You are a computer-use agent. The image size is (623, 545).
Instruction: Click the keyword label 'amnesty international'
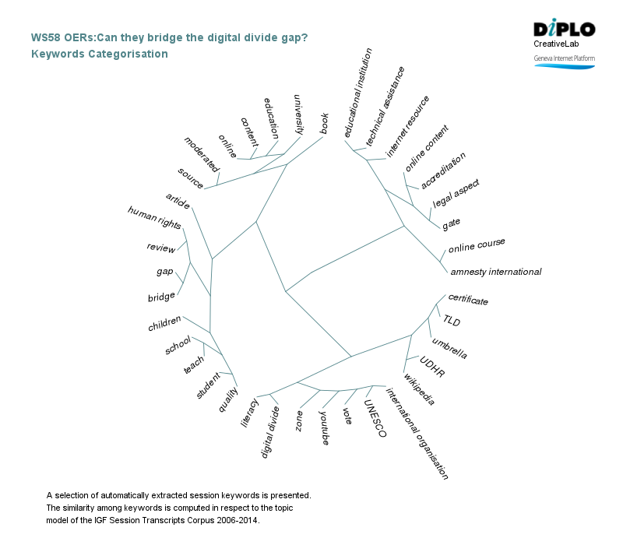pyautogui.click(x=495, y=272)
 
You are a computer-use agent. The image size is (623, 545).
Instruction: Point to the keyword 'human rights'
pyautogui.click(x=154, y=218)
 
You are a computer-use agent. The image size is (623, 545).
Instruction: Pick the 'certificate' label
pyautogui.click(x=468, y=300)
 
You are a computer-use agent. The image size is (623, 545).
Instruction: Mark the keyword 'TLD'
pyautogui.click(x=452, y=320)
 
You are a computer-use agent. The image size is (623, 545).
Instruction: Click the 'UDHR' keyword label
pyautogui.click(x=431, y=367)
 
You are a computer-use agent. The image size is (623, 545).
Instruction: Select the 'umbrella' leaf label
pyautogui.click(x=449, y=348)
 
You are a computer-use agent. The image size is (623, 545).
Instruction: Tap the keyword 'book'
pyautogui.click(x=327, y=124)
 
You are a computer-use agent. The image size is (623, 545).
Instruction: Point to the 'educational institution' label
pyautogui.click(x=359, y=95)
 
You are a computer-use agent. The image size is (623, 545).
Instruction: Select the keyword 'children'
pyautogui.click(x=164, y=323)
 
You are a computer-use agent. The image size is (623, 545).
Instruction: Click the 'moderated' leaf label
pyautogui.click(x=202, y=153)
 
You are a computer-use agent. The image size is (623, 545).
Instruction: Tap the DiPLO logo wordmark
pyautogui.click(x=564, y=30)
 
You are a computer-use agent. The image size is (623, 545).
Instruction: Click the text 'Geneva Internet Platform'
pyautogui.click(x=564, y=58)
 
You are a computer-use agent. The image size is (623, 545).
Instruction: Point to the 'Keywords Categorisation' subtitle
pyautogui.click(x=99, y=54)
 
